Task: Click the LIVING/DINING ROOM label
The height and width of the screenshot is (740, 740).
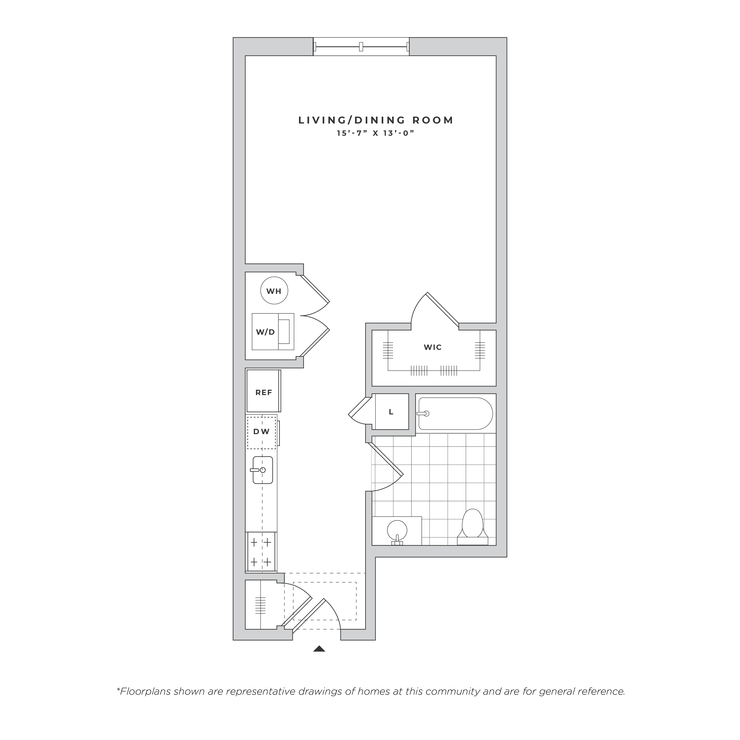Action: coord(376,120)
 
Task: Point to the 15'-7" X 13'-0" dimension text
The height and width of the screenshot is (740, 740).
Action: coord(376,133)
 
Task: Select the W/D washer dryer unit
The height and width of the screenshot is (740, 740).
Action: coord(273,332)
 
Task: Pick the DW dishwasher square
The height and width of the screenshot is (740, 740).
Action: coord(262,432)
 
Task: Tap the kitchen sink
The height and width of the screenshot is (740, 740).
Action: coord(262,470)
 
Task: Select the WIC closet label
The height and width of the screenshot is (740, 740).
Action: coord(433,347)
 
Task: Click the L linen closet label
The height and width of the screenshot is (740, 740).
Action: coord(391,412)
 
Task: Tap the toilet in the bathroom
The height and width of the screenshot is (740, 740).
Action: coord(472,527)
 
